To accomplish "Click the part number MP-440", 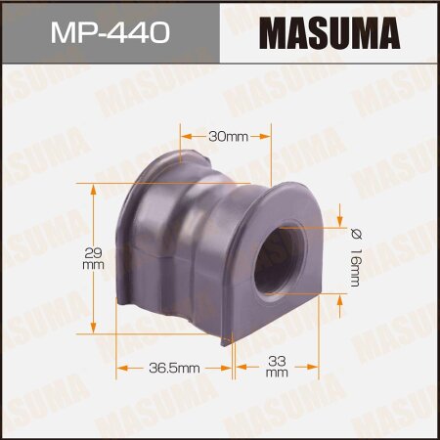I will pyautogui.click(x=109, y=32).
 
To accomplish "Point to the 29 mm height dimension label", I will pyautogui.click(x=94, y=257).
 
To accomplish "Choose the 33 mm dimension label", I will pyautogui.click(x=277, y=367).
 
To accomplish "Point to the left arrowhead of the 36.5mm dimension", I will pyautogui.click(x=122, y=369).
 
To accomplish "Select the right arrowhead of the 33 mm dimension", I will pyautogui.click(x=316, y=369).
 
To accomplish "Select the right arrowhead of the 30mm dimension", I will pyautogui.click(x=277, y=137).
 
